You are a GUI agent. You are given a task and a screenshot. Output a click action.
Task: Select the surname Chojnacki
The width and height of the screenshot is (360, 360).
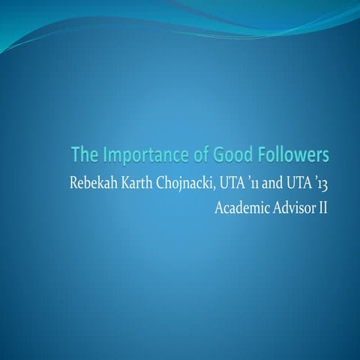point(187,182)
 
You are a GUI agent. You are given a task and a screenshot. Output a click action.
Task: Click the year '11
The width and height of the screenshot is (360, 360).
point(255,182)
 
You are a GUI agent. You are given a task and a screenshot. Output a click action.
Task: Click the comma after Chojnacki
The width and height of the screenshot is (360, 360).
point(217,186)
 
